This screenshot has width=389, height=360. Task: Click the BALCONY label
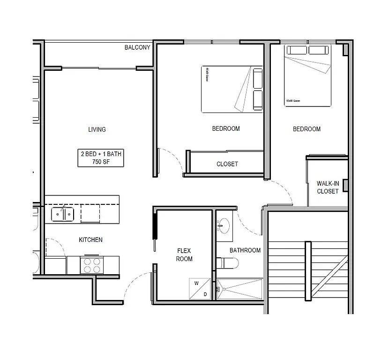pos(137,47)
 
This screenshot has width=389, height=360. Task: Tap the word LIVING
pos(97,129)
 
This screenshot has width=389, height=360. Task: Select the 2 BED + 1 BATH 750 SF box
pos(101,158)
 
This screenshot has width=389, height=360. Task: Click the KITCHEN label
pos(90,240)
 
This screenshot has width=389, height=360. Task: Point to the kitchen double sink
pos(62,214)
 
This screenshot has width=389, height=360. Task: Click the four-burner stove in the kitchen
pos(91,265)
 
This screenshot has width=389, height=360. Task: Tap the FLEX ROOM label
pos(184,255)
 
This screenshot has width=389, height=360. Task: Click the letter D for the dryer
pos(205,294)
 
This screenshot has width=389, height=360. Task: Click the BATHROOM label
pos(245,250)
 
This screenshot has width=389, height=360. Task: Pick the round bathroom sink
pos(224,225)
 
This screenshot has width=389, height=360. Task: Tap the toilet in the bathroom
pos(228,263)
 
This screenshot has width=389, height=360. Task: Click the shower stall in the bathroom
pos(240,289)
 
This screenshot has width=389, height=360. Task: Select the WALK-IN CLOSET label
pos(327,187)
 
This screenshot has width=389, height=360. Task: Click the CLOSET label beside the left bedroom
pos(227,164)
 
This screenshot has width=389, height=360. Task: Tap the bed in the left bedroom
pos(232,89)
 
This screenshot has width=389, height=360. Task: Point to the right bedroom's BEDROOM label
pos(307,129)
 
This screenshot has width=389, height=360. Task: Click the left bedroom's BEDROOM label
pos(225,128)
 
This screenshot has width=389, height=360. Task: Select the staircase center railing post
pos(308,271)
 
